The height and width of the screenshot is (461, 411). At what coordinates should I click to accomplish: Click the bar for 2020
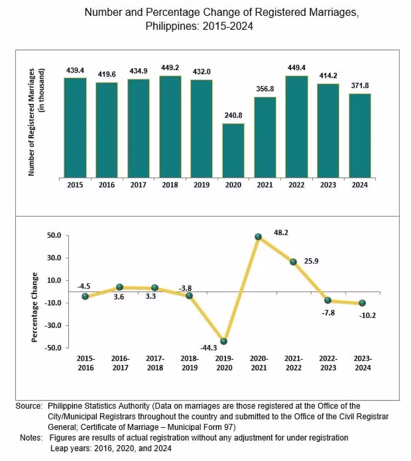click(x=233, y=150)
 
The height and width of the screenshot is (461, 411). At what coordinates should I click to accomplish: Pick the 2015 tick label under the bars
click(x=75, y=185)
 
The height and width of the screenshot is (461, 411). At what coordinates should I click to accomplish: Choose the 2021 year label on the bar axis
click(x=265, y=185)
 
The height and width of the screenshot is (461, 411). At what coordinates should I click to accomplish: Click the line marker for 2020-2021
click(x=258, y=237)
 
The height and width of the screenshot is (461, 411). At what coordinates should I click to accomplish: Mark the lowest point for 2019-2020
click(x=224, y=341)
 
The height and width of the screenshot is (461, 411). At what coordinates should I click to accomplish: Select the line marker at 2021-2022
click(x=293, y=262)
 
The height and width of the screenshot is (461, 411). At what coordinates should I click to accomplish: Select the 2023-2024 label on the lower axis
click(x=363, y=363)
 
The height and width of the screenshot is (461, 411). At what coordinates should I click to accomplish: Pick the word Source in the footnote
click(x=29, y=406)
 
